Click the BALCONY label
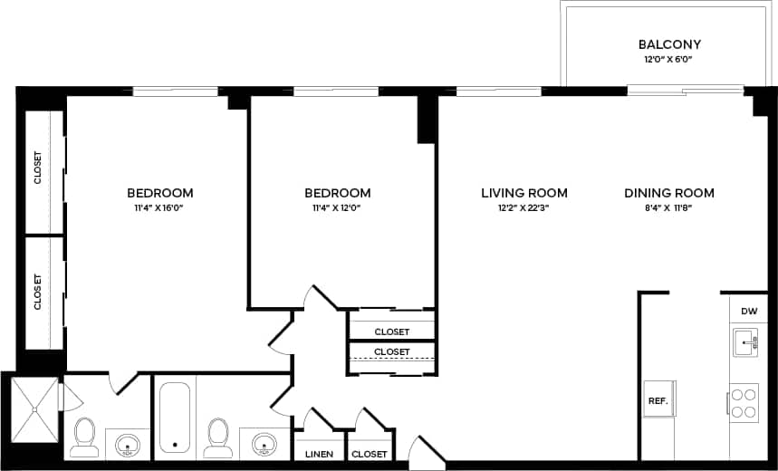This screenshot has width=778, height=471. (x=669, y=44)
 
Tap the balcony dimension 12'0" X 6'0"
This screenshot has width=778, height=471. (x=669, y=60)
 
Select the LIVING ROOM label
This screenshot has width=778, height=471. (x=523, y=193)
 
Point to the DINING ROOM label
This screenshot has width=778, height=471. (x=668, y=193)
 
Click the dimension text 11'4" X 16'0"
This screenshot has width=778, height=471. (x=159, y=208)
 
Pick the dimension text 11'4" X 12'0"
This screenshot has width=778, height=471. (x=337, y=208)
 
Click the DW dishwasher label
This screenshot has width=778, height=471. (x=748, y=312)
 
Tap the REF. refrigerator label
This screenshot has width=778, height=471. (x=657, y=399)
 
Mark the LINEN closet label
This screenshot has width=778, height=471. (x=318, y=454)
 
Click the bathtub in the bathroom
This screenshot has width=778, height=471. (x=174, y=418)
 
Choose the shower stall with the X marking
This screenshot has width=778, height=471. (x=34, y=408)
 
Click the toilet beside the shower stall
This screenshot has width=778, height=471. (x=84, y=437)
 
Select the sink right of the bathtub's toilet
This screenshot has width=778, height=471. (x=264, y=444)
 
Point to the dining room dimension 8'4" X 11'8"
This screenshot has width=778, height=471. (x=668, y=208)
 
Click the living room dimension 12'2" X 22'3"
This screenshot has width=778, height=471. (x=523, y=208)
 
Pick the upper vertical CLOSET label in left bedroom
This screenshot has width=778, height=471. (x=38, y=168)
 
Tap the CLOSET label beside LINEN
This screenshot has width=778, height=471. (x=369, y=454)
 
